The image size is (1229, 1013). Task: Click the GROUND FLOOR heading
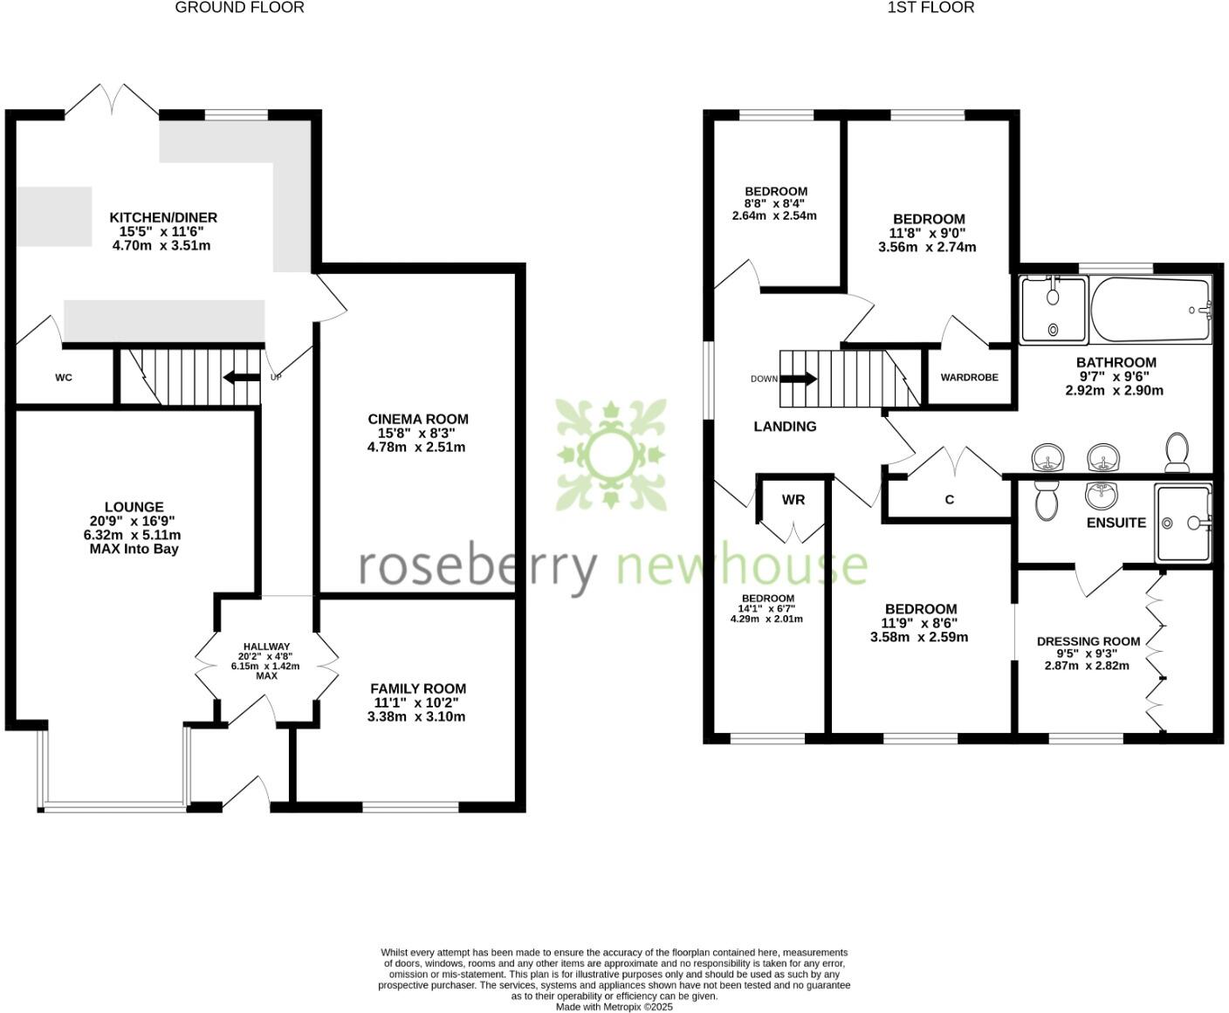[239, 8]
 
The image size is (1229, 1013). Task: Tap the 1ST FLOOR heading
[930, 8]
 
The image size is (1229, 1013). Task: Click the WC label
[64, 378]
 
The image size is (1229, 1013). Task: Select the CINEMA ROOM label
[418, 420]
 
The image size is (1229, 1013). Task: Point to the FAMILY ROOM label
[418, 688]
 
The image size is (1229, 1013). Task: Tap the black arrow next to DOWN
[799, 380]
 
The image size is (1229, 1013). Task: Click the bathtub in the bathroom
[1150, 310]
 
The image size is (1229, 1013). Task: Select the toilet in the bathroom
[1178, 453]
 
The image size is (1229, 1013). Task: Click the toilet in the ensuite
[1045, 500]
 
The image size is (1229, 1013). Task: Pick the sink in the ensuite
[1102, 495]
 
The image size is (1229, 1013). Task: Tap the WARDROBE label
[969, 378]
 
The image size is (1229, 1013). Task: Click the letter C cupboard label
[950, 500]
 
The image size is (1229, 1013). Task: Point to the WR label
[793, 500]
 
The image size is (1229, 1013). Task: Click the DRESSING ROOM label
[1088, 641]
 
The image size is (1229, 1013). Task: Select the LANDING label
[785, 427]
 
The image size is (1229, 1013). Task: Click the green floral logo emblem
[611, 454]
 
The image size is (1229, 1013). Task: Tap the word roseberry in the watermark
[478, 567]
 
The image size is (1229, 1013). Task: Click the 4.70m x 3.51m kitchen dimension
[161, 246]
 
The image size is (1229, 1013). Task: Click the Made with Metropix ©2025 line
[614, 1007]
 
